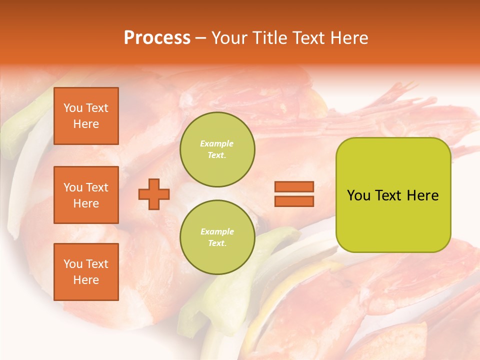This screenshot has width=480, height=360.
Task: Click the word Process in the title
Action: coord(157,38)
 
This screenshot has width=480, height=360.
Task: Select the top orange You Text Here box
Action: coord(86,116)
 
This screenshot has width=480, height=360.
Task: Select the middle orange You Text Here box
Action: coord(86,195)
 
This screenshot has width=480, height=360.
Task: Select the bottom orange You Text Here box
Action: coord(86,272)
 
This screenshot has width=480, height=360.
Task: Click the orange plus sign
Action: coord(154,194)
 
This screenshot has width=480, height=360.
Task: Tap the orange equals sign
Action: coord(294,194)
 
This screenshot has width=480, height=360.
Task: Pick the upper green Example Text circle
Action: coord(217,149)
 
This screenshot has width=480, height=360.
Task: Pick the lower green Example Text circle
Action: coord(217,237)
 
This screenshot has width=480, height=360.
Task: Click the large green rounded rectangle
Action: coord(393,195)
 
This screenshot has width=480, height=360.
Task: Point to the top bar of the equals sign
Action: coord(294,186)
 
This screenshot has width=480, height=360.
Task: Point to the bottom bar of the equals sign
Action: coord(294,201)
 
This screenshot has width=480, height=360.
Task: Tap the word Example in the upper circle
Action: coord(217,144)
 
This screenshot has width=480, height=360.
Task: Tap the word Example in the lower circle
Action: coord(217,232)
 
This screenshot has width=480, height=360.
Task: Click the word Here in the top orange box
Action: coord(86,124)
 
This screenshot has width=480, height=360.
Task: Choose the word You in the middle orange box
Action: coord(73,187)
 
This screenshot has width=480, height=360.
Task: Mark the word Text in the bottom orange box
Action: coord(97,264)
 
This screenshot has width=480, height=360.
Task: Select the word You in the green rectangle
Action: coord(358,195)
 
